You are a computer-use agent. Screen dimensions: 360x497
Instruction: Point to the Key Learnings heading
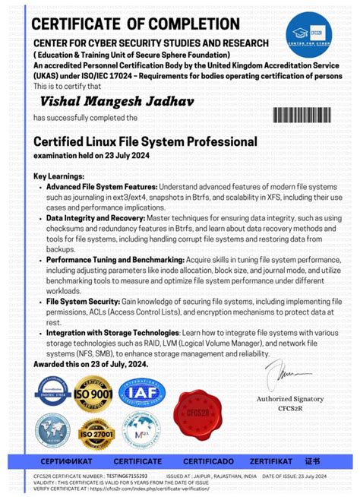pyautogui.click(x=59, y=176)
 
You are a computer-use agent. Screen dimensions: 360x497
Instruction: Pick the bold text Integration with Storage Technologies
pyautogui.click(x=112, y=333)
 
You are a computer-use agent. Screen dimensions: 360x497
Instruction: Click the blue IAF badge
pyautogui.click(x=142, y=393)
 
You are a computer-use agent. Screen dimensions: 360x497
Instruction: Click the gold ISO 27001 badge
pyautogui.click(x=96, y=433)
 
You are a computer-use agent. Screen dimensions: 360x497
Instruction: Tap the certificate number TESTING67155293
pyautogui.click(x=125, y=474)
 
